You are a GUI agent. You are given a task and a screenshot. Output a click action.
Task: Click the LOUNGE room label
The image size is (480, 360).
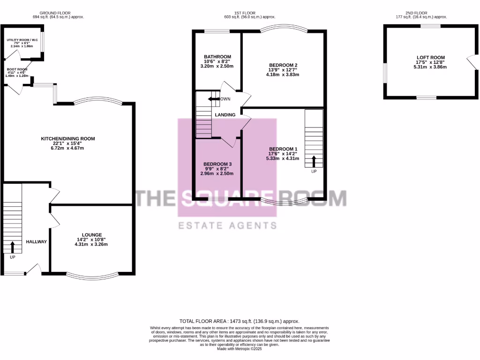coord(92,235)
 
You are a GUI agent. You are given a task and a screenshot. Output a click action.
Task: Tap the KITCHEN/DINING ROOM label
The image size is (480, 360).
coord(68,139)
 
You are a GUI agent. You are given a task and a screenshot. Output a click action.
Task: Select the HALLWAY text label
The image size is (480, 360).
coord(36,242)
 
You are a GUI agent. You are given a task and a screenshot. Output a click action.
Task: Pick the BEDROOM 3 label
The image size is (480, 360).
coord(217,164)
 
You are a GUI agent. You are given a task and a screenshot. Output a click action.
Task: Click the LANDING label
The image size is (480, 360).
coord(225,115)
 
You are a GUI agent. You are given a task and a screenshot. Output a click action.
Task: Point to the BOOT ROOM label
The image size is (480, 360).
coord(17,68)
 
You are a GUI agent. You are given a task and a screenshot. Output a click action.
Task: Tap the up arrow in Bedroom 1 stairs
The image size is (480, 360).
coord(314,161)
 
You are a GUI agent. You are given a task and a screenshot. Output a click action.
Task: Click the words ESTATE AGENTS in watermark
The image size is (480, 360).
coord(228,226)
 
